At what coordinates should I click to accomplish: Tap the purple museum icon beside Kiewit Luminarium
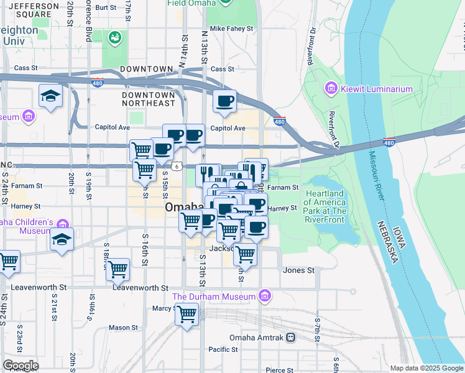tap(331, 89)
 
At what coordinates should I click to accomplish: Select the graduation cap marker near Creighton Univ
tap(50, 96)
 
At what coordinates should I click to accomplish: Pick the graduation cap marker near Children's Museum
tap(62, 239)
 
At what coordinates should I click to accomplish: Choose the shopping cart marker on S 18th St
tap(117, 269)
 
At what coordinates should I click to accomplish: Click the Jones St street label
tap(298, 270)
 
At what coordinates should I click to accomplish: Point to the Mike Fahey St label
tap(231, 29)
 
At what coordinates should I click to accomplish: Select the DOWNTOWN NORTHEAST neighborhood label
tap(149, 99)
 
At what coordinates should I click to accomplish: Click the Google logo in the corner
tap(20, 366)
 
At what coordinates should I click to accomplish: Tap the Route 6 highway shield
tap(177, 166)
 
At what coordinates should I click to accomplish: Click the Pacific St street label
tap(224, 349)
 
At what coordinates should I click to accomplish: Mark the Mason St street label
tap(123, 328)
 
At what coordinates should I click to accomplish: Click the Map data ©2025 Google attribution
tap(426, 368)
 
